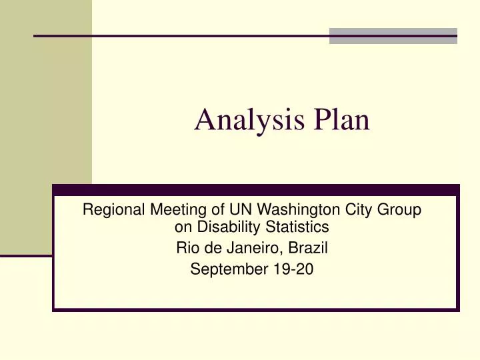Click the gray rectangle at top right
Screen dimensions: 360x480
[393, 36]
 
